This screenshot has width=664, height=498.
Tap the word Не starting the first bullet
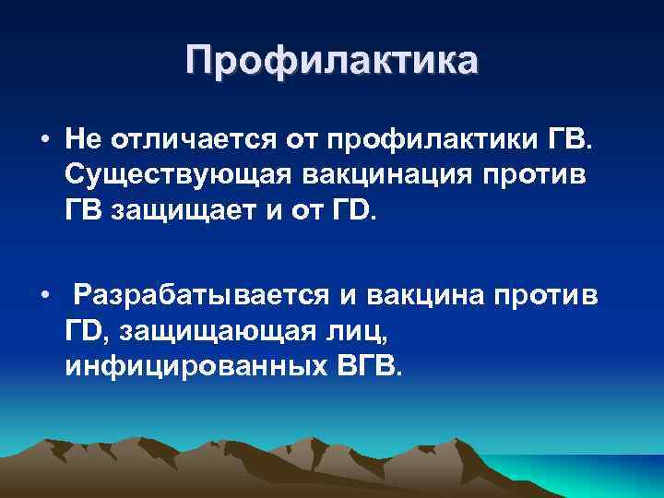[83, 140]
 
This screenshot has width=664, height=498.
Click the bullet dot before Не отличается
[44, 140]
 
